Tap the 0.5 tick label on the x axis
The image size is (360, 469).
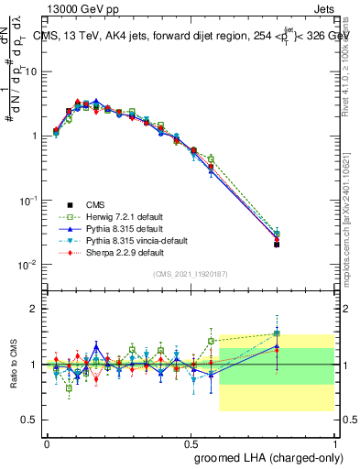(x=191, y=442)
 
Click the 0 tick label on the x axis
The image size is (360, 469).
(x=47, y=442)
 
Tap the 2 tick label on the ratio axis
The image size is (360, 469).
(x=34, y=309)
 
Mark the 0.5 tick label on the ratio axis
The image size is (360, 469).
(x=29, y=420)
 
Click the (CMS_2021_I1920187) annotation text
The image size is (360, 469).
(x=191, y=273)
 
